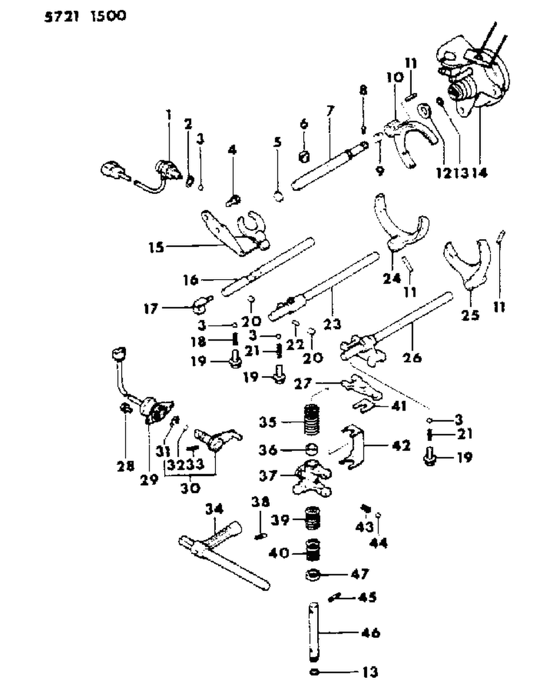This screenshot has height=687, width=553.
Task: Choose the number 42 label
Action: [x=402, y=446]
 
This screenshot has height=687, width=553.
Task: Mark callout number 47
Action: [x=360, y=574]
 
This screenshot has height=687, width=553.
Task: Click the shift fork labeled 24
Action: [x=401, y=226]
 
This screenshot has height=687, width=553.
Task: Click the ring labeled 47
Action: [x=313, y=575]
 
